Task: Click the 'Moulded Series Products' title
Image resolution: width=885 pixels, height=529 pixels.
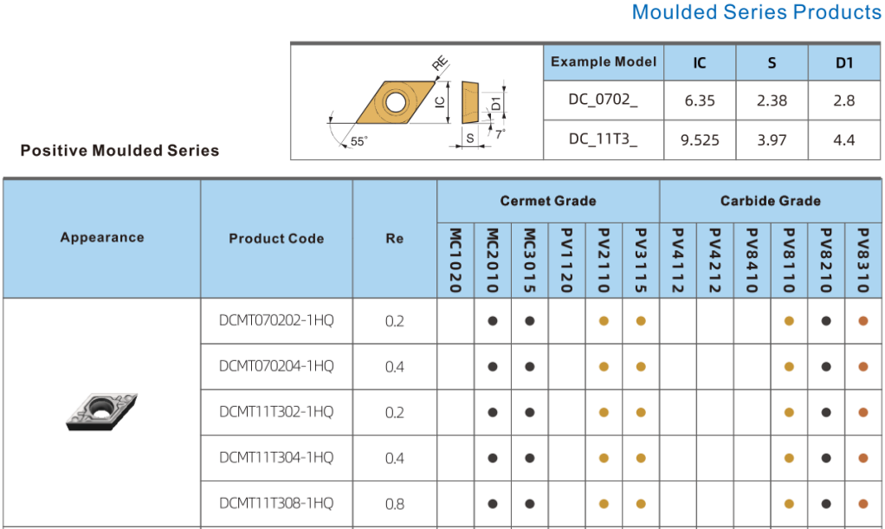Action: click(x=756, y=12)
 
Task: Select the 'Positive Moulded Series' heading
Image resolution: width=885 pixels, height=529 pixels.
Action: click(x=120, y=151)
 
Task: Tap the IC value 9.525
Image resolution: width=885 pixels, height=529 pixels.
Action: click(x=700, y=140)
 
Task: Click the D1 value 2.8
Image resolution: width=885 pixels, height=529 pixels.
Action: click(x=843, y=100)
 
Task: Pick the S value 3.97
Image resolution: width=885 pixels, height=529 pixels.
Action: click(x=772, y=140)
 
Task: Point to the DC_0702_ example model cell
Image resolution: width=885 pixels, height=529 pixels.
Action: click(x=603, y=100)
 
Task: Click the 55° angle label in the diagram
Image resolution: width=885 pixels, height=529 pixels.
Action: click(x=359, y=141)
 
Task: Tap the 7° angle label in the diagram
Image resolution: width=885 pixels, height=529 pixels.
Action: click(x=500, y=134)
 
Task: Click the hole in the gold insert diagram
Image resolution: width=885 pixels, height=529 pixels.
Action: click(x=395, y=103)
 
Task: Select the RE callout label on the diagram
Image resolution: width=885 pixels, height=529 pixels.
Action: click(x=440, y=63)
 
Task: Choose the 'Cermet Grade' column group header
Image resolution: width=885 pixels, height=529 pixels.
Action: click(x=548, y=201)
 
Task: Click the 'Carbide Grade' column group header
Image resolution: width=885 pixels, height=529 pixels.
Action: click(x=771, y=201)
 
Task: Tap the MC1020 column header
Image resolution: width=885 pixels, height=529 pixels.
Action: click(x=455, y=261)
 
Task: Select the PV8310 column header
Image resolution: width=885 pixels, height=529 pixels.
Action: click(x=863, y=261)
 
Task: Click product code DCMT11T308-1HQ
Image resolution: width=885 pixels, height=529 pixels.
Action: click(x=276, y=503)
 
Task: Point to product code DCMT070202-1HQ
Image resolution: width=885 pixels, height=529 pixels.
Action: click(x=276, y=320)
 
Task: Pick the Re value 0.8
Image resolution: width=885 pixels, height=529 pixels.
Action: click(x=395, y=504)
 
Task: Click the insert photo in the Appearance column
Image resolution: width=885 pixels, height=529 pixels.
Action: click(x=101, y=411)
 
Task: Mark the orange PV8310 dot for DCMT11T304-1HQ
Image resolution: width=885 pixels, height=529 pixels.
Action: click(x=863, y=458)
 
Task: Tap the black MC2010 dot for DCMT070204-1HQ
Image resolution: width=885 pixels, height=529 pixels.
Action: click(x=493, y=366)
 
